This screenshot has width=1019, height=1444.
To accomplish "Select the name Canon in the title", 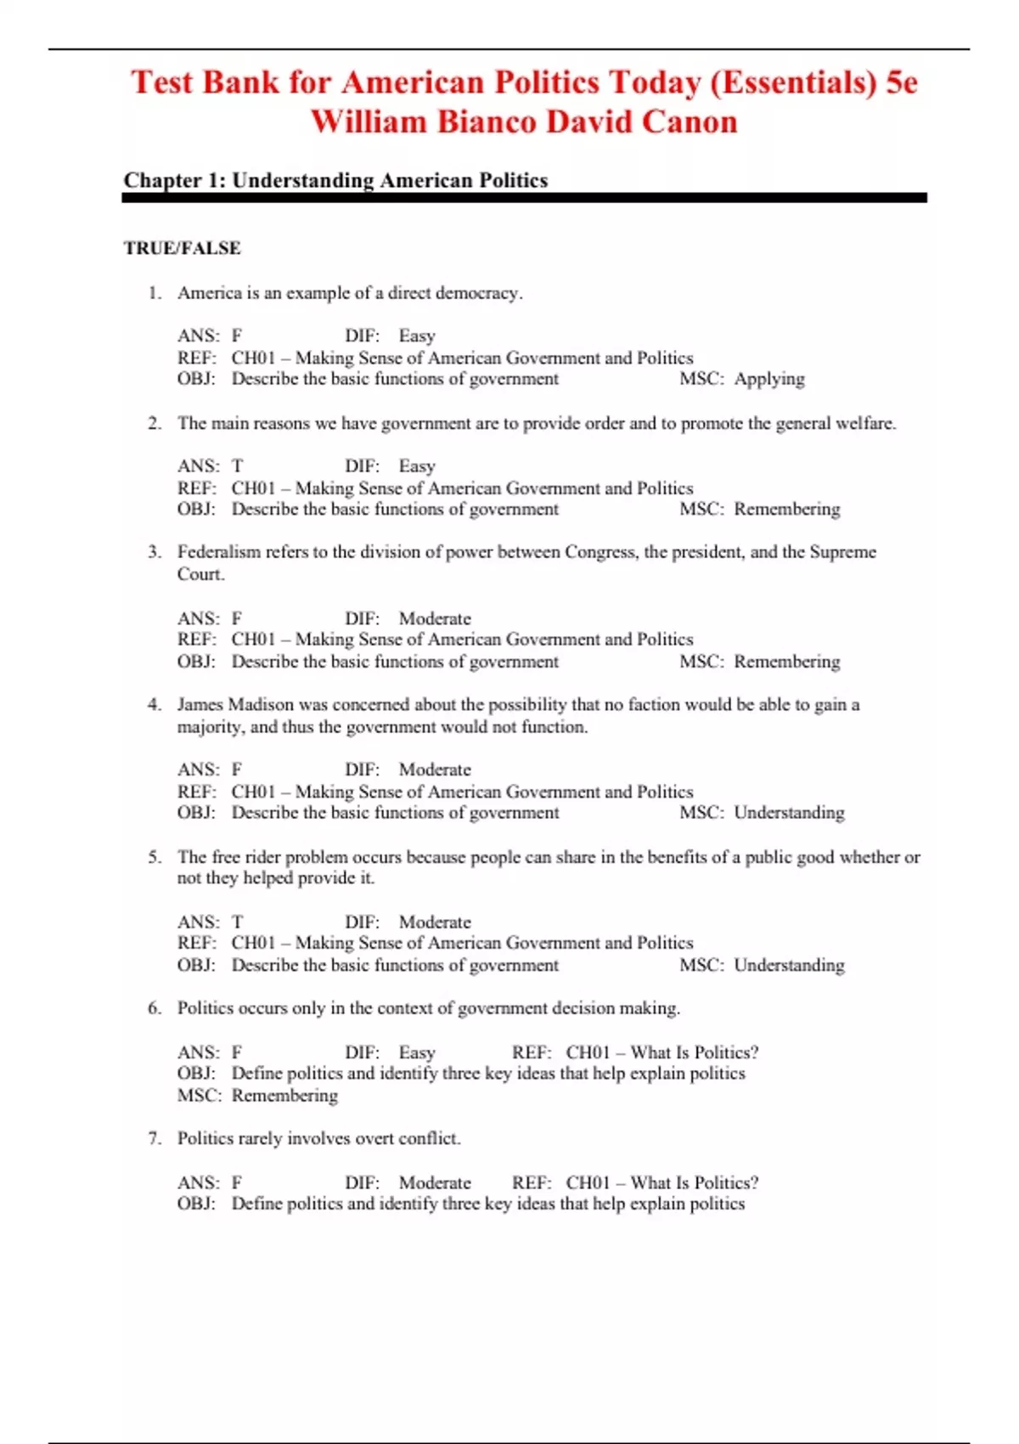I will tap(689, 121).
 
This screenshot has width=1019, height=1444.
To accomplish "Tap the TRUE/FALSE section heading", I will tap(182, 248).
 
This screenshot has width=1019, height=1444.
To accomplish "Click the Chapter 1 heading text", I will tap(335, 180).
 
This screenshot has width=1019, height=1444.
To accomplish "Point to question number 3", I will tap(154, 552).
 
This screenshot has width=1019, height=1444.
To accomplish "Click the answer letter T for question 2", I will tap(237, 465).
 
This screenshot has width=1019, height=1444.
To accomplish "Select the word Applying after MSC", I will tap(768, 379).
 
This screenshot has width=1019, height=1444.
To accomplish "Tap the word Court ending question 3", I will tap(200, 574).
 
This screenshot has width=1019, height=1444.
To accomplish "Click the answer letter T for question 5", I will tap(237, 922).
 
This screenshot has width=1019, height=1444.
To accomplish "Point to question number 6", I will tap(154, 1008).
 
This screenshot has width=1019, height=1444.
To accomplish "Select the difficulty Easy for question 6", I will tap(417, 1052).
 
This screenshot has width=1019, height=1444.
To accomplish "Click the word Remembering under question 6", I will tap(284, 1096).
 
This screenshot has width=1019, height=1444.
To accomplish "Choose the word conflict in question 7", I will tap(428, 1138).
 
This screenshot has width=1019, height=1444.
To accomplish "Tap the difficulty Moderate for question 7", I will tap(435, 1182).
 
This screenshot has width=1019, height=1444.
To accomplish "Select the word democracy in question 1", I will tap(476, 293).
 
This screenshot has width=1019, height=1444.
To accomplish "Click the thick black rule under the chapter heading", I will tap(524, 198).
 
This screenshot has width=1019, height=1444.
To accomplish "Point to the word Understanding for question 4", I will tap(789, 813).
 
